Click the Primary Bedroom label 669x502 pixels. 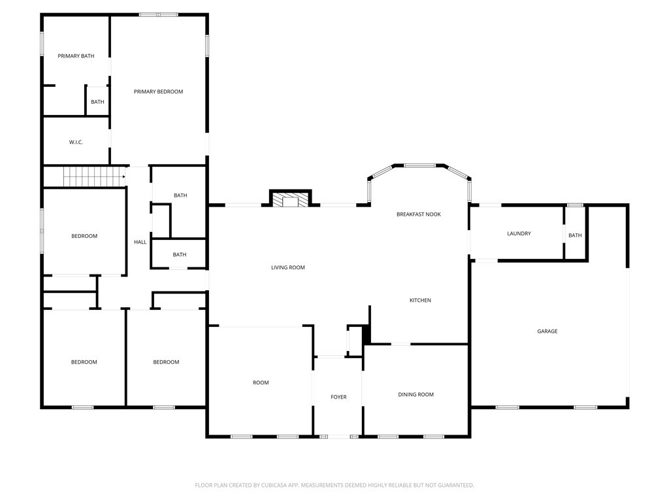pyautogui.click(x=158, y=92)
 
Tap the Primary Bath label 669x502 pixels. pyautogui.click(x=76, y=56)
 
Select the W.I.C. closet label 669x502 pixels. pyautogui.click(x=76, y=142)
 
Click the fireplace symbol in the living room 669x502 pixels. pyautogui.click(x=291, y=200)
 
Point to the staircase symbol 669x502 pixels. pyautogui.click(x=93, y=176)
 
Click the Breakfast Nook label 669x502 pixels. pyautogui.click(x=419, y=214)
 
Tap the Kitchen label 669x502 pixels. pyautogui.click(x=420, y=300)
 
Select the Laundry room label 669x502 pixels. pyautogui.click(x=519, y=233)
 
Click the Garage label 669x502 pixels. pyautogui.click(x=547, y=331)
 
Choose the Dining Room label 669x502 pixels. pyautogui.click(x=416, y=394)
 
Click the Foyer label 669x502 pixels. pyautogui.click(x=338, y=397)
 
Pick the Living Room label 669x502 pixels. pyautogui.click(x=288, y=267)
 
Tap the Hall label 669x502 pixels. pyautogui.click(x=140, y=242)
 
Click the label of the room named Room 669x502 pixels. pyautogui.click(x=261, y=382)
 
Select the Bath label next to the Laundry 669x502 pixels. pyautogui.click(x=575, y=235)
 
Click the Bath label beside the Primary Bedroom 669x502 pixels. pyautogui.click(x=97, y=102)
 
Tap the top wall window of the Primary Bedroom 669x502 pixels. pyautogui.click(x=159, y=14)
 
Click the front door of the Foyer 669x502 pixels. pyautogui.click(x=338, y=436)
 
